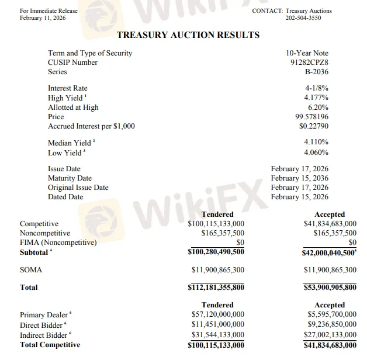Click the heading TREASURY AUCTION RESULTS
click(x=188, y=35)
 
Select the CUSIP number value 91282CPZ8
click(x=309, y=63)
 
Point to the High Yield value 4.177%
click(x=316, y=98)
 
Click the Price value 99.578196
click(x=312, y=116)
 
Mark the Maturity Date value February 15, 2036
click(x=300, y=178)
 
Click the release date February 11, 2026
click(x=43, y=18)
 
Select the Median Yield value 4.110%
click(x=316, y=142)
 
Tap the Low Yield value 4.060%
click(x=316, y=153)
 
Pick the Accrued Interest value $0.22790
click(x=314, y=126)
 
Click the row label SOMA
click(x=31, y=270)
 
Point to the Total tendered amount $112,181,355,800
click(x=216, y=288)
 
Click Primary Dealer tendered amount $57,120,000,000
click(x=218, y=314)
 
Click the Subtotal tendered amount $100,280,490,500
click(x=216, y=252)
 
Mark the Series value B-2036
click(x=317, y=72)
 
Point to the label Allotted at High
click(x=73, y=108)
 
